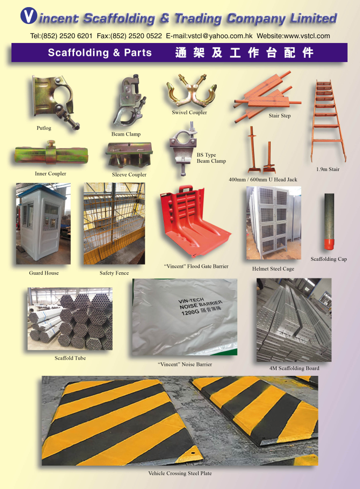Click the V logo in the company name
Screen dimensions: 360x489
[29, 16]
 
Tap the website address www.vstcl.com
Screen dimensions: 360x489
[307, 36]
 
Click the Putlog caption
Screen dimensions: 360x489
[43, 128]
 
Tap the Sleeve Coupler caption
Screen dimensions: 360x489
[129, 175]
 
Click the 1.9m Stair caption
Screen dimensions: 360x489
[328, 170]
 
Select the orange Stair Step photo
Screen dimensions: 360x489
[267, 96]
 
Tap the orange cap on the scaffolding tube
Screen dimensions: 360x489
[329, 244]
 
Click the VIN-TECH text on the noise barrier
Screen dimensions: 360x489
[191, 300]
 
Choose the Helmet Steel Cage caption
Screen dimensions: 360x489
[273, 269]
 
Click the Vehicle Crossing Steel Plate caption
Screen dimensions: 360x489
[180, 473]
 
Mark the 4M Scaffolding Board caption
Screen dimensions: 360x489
[294, 368]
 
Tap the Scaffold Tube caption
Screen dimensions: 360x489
[70, 358]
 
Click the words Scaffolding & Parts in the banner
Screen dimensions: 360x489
[100, 53]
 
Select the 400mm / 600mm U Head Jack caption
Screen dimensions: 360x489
[263, 180]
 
